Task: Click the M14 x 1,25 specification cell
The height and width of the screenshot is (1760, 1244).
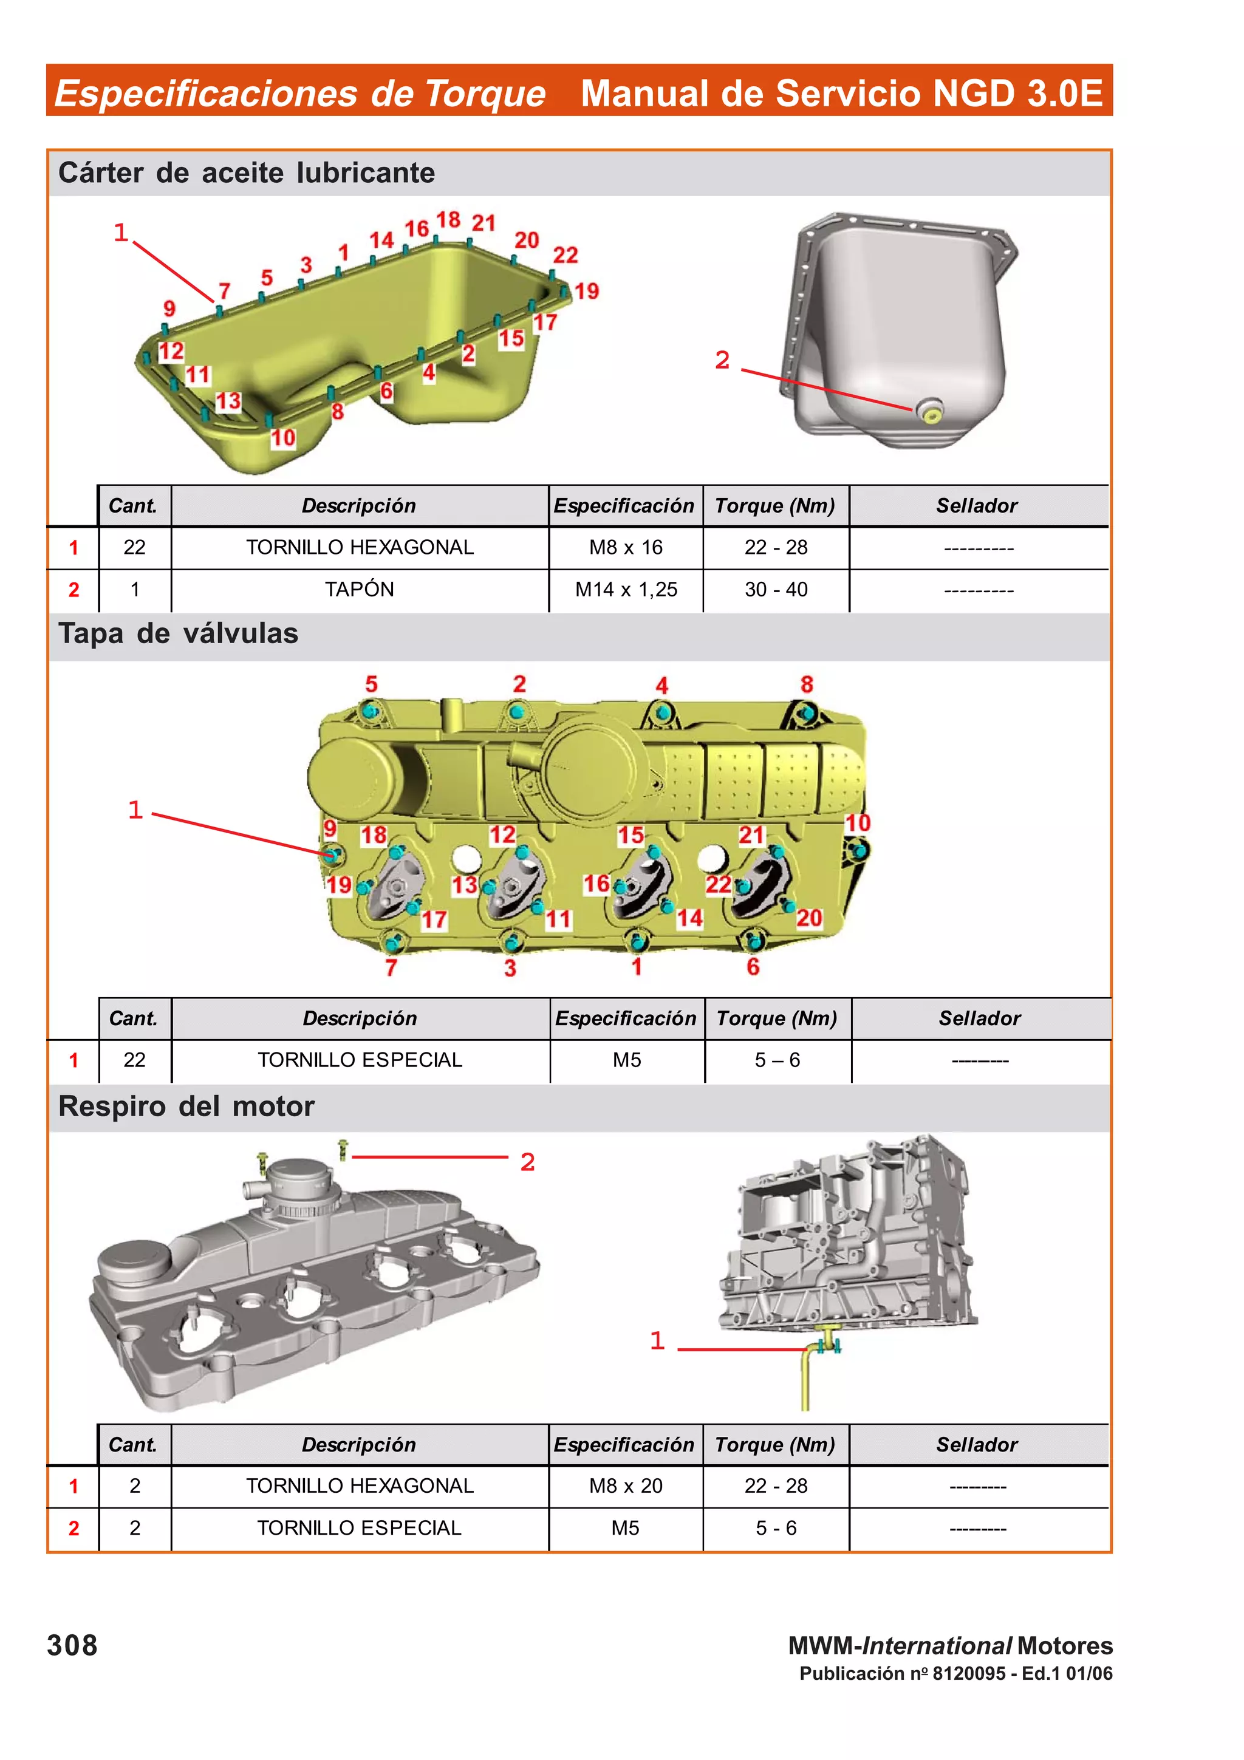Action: (626, 590)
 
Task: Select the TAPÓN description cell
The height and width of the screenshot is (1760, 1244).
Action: (359, 590)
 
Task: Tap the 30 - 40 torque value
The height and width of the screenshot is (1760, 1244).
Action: (776, 590)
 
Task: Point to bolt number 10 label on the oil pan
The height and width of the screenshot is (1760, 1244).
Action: (283, 438)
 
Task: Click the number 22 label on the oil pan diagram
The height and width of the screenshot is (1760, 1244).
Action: (565, 254)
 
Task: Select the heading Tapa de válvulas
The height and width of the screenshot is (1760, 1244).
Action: (178, 634)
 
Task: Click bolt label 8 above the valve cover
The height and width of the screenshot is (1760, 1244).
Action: (806, 684)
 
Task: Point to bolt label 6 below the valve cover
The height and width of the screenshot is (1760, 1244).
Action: (753, 967)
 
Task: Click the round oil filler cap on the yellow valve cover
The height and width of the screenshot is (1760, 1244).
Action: (351, 776)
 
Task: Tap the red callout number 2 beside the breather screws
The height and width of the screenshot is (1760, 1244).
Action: (527, 1162)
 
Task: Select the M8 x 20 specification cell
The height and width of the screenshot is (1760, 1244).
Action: (626, 1485)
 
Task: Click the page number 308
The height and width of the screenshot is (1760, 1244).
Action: (72, 1646)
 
